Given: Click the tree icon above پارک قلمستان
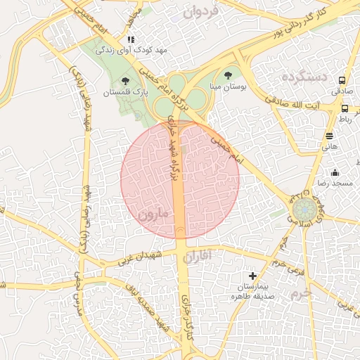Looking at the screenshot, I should [126, 81].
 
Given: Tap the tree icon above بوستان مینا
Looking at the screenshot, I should [227, 74].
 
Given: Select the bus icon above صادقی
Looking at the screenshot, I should [342, 81].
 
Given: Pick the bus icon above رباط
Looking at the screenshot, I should [345, 108].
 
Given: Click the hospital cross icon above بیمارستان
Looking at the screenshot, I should [253, 276].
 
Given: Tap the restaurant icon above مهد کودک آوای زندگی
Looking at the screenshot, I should [131, 39].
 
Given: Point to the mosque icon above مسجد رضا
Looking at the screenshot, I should [335, 172].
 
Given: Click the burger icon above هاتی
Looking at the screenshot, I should [329, 136].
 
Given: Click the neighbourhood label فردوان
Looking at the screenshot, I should [198, 12].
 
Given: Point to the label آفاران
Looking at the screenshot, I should [196, 258].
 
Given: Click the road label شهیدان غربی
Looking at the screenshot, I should [140, 258].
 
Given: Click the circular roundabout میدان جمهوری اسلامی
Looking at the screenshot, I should [304, 209].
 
